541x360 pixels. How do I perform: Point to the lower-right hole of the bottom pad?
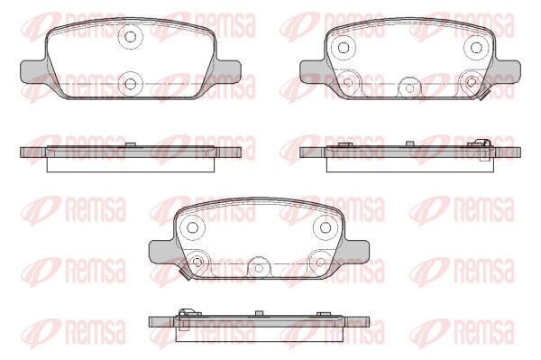point(317,262)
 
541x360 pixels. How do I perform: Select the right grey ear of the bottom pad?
point(357,249)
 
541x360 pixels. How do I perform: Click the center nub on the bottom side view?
point(260,314)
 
